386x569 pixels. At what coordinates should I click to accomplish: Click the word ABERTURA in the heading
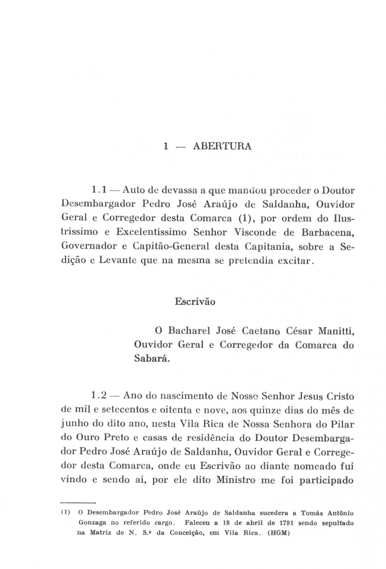point(222,146)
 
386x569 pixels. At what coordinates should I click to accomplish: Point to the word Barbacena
point(327,232)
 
